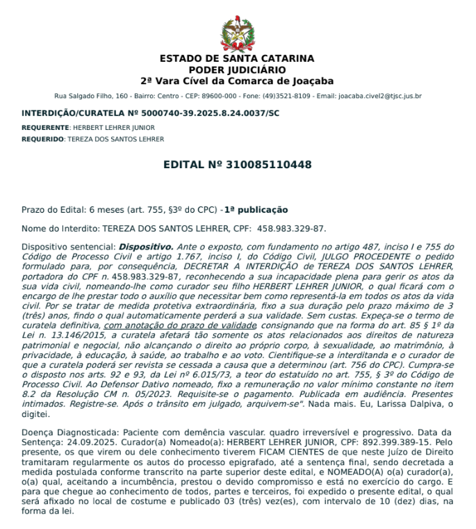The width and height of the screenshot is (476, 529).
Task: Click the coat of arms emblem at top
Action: (237, 32)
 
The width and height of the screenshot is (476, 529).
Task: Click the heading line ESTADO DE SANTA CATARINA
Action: (237, 58)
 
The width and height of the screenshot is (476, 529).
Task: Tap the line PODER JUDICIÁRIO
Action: (237, 70)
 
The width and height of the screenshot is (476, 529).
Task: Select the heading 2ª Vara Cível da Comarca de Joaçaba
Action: (237, 81)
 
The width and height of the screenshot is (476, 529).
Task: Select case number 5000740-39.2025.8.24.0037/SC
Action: (205, 113)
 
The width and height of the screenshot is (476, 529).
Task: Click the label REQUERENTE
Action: (45, 128)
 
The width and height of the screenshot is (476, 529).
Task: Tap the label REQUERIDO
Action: (43, 139)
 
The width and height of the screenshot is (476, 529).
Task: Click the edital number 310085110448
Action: (268, 165)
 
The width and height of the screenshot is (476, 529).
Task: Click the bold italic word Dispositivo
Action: (146, 246)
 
